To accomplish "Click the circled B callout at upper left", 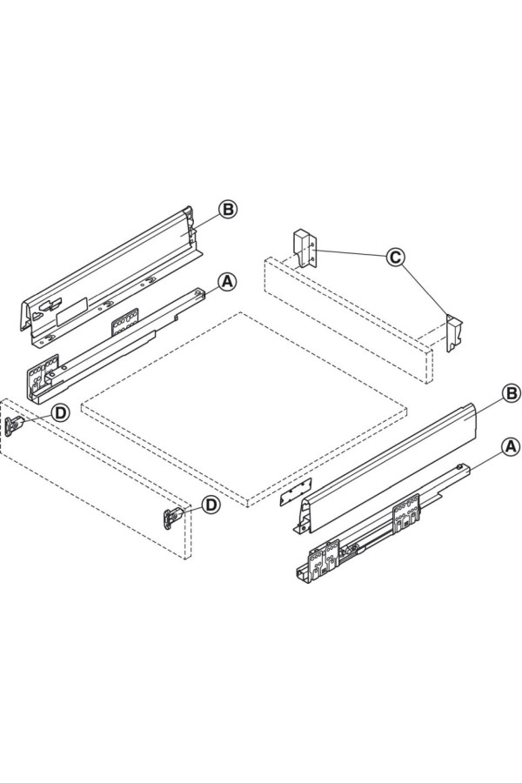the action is coord(228,210).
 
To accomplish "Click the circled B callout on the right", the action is coord(511,393).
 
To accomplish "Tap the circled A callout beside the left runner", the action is coord(227,282).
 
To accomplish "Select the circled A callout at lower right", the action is coord(510,446).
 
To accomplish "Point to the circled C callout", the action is coord(395,258).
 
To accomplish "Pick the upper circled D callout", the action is coord(60,413).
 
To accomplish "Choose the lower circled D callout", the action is coord(211,505).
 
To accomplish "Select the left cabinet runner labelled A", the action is coord(115,345).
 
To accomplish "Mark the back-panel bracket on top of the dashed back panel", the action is coord(304,250).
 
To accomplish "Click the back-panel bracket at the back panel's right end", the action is coord(453,333).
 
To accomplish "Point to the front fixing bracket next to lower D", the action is coord(172,518).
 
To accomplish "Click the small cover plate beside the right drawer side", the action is coord(296,492).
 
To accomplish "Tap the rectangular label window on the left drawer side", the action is coord(72,311).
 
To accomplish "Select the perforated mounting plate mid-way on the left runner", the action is coord(125,320).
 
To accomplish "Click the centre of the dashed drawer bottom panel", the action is coord(244,410).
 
